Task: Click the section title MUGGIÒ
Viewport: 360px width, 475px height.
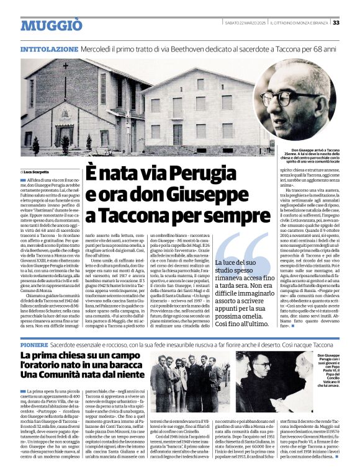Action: pyautogui.click(x=51, y=25)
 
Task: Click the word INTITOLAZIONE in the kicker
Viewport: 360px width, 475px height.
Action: pyautogui.click(x=49, y=48)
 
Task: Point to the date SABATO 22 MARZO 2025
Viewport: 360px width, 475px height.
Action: pyautogui.click(x=245, y=22)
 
